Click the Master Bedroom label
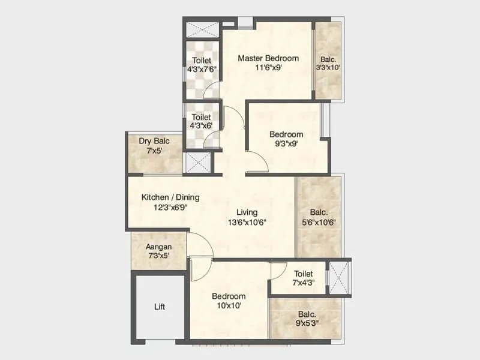(268, 58)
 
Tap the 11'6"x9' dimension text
(268, 68)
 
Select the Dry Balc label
(154, 141)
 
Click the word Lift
(160, 307)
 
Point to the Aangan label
(159, 247)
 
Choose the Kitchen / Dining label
(170, 197)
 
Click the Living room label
(247, 212)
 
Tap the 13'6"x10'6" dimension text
(247, 222)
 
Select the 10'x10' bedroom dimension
(229, 306)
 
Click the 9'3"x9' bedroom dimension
(286, 144)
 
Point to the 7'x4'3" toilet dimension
(304, 283)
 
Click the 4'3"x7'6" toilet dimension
(202, 70)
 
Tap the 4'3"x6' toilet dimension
(202, 127)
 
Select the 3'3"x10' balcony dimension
(328, 68)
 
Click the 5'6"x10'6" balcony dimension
(319, 221)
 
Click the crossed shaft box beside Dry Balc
(197, 163)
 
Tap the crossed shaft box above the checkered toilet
(202, 29)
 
